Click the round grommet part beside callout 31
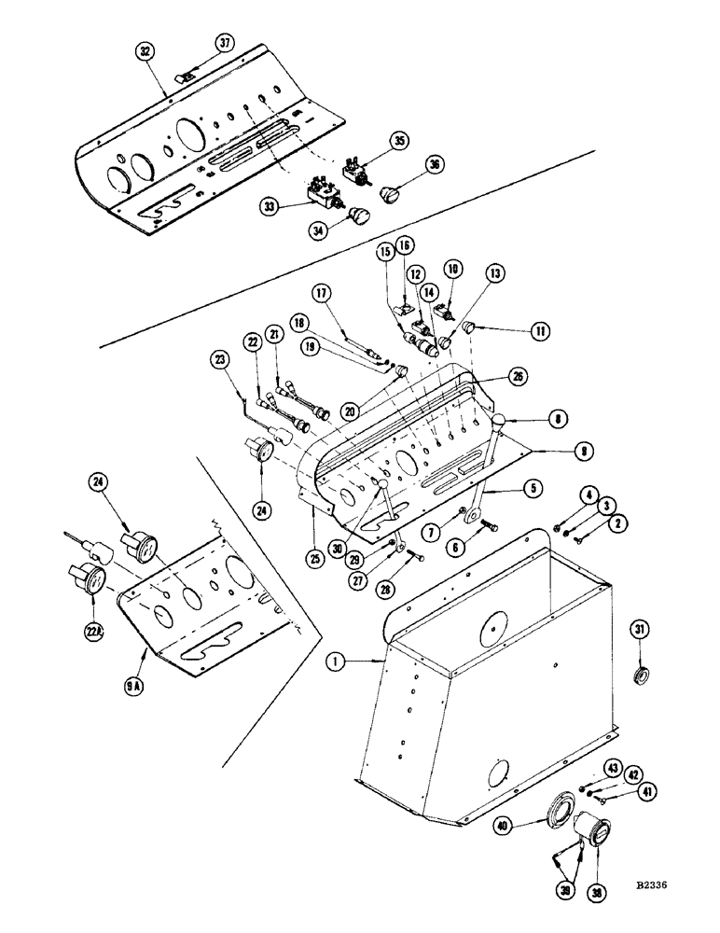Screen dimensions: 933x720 [638, 674]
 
